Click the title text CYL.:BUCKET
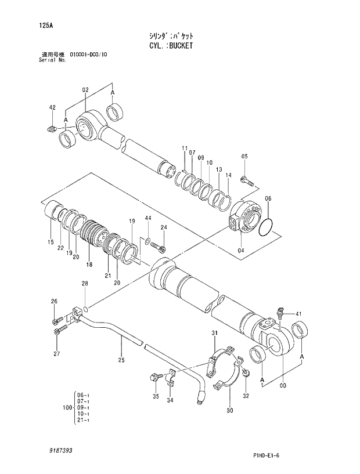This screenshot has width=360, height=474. click(170, 45)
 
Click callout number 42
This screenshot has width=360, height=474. click(52, 108)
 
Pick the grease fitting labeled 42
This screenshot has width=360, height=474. click(51, 128)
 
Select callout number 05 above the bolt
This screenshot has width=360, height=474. click(244, 157)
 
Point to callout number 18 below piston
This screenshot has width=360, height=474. click(89, 265)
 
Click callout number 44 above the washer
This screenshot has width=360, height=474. click(148, 218)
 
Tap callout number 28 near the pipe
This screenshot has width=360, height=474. click(85, 284)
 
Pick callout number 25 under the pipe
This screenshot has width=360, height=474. click(121, 360)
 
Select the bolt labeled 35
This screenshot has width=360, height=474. click(156, 378)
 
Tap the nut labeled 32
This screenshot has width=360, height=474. click(246, 372)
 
